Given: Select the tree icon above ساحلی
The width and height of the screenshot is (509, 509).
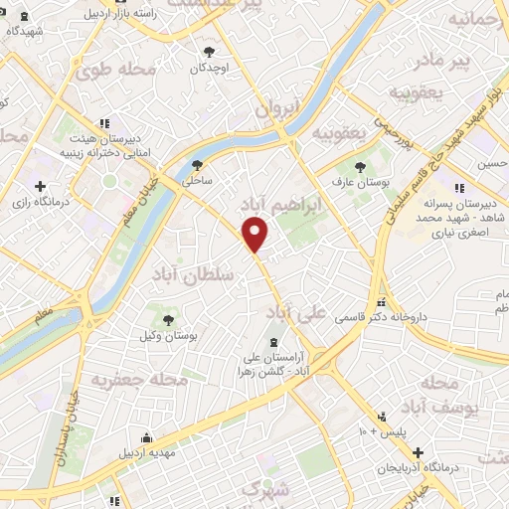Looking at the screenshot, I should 195,166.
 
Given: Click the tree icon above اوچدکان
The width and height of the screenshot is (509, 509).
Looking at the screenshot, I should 209,52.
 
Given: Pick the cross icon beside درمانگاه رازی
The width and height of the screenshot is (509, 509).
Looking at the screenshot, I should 40,186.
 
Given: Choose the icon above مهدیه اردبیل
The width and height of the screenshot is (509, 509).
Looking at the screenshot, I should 147,438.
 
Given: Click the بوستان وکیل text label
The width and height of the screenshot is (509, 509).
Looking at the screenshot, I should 172,338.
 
